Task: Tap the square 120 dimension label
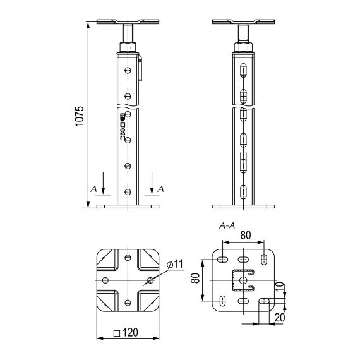coord(128,332)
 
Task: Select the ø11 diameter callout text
coord(176,263)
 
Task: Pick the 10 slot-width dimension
coord(287,288)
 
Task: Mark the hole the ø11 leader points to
coord(150,279)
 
